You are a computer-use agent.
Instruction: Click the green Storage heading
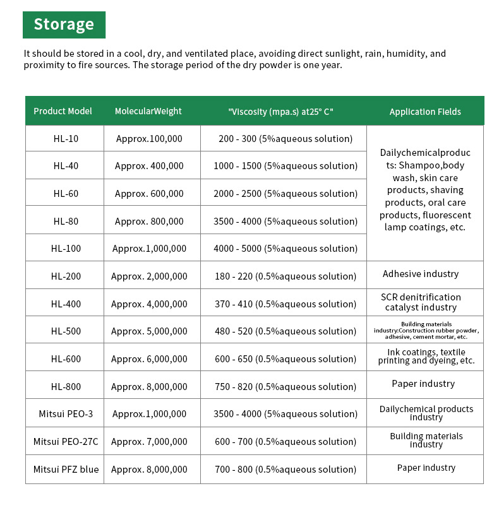point(64,25)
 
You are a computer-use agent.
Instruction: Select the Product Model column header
point(63,111)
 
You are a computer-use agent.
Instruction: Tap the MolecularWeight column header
point(148,111)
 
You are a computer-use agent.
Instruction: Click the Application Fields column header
point(425,112)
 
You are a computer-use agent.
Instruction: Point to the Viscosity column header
point(280,112)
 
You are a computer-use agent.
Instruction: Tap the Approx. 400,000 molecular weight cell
point(149,166)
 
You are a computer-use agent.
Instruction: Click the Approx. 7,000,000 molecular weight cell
point(149,442)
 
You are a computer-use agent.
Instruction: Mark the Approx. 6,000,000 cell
point(149,359)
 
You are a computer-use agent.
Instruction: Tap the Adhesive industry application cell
point(421,274)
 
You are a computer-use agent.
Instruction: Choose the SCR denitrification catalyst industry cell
point(421,302)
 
